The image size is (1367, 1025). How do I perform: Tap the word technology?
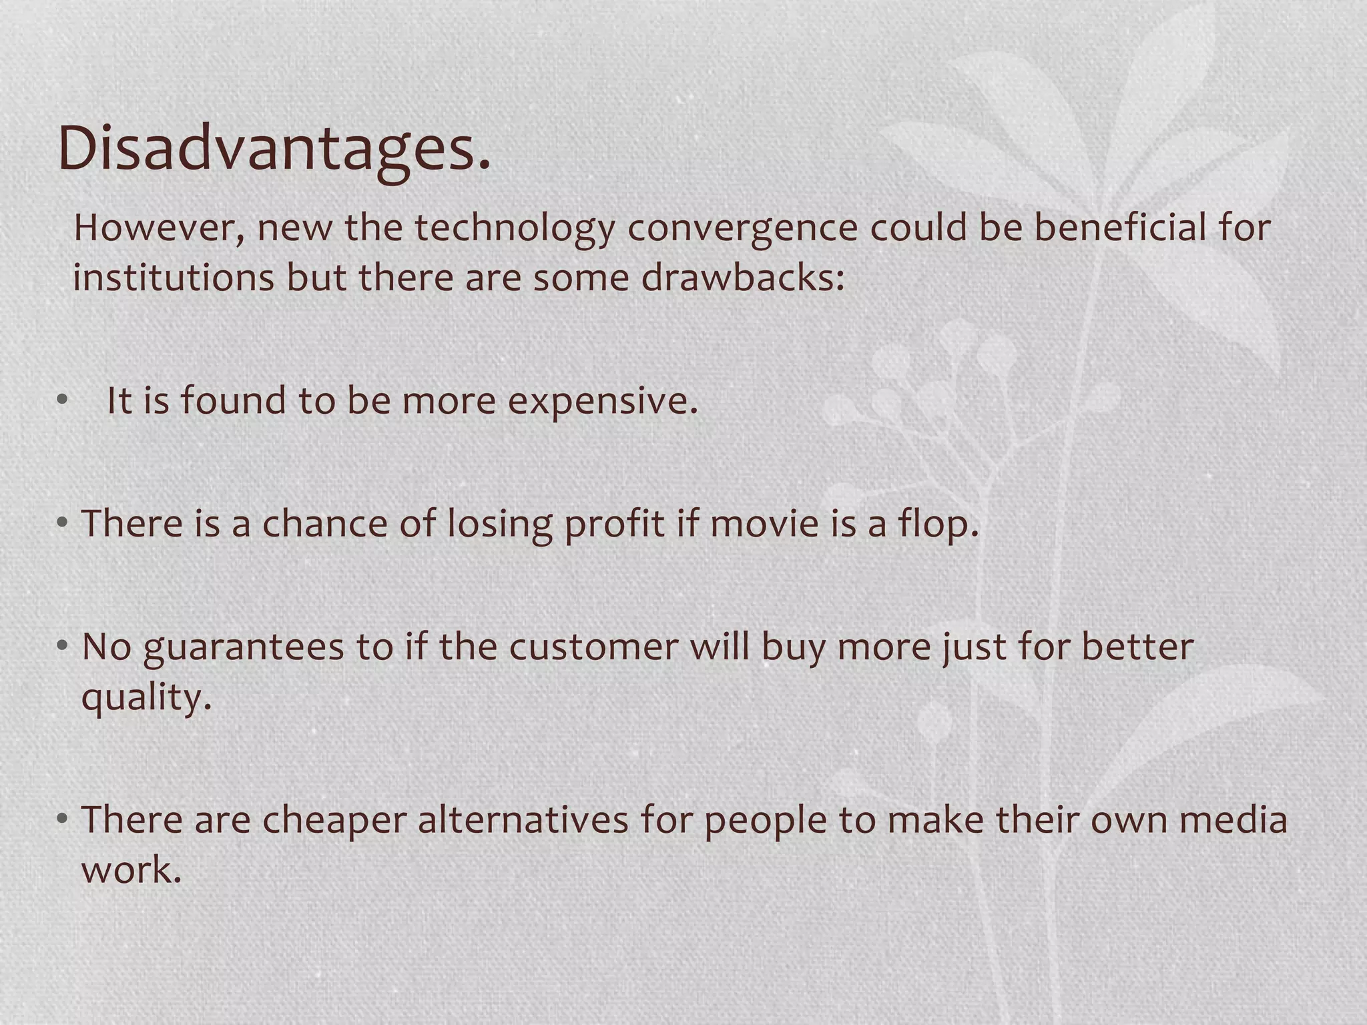[x=514, y=228]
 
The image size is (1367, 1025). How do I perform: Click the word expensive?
[x=602, y=402]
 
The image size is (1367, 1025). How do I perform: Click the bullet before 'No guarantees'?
[x=62, y=645]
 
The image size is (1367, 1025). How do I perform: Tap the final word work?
[x=131, y=870]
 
